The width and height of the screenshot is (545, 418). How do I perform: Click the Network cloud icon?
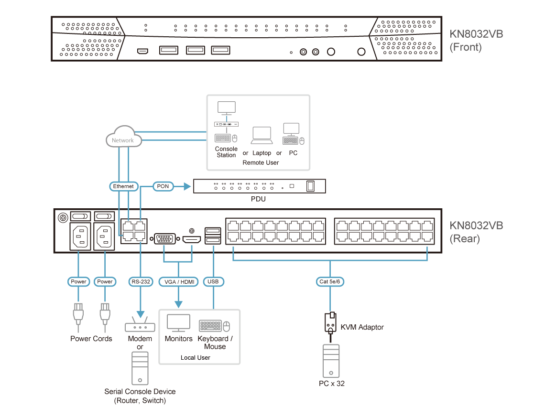[x=123, y=139]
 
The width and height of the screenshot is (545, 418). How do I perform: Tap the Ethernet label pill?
[x=123, y=186]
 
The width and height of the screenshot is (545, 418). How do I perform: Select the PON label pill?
[x=163, y=186]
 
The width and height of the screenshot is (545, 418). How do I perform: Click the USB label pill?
[x=213, y=282]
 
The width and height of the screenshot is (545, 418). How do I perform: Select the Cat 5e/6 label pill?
[x=330, y=282]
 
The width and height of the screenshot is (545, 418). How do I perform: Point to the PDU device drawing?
[x=260, y=186]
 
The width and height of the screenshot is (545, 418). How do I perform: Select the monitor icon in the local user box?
[x=178, y=323]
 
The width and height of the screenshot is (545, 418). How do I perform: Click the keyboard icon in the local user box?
[x=210, y=326]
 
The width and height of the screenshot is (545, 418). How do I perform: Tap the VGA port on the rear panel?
[x=164, y=237]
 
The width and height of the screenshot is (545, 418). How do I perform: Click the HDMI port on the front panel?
[x=142, y=51]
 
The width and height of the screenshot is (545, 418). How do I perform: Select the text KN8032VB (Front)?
[x=475, y=41]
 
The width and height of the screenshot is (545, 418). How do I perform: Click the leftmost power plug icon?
[x=78, y=316]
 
